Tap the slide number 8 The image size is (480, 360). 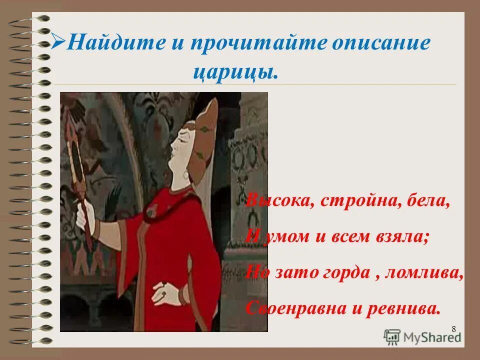[453, 328]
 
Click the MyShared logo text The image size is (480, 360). [431, 336]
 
